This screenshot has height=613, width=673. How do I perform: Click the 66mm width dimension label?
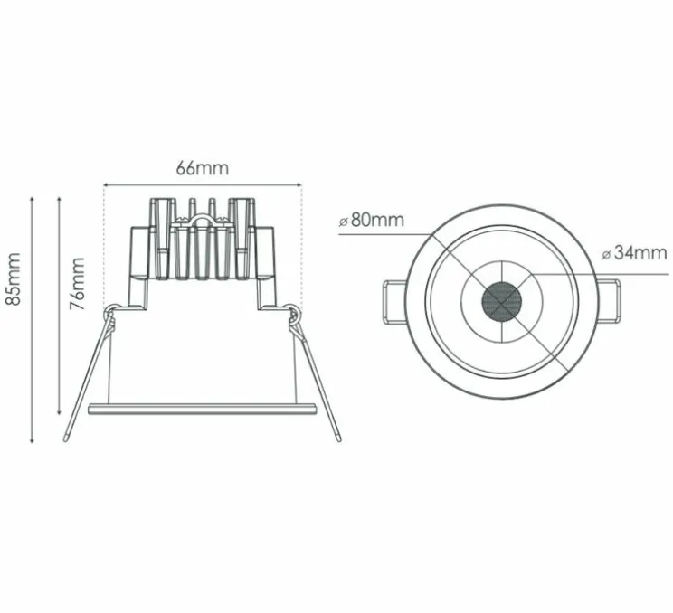point(203,168)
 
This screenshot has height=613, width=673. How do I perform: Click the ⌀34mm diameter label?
point(635,253)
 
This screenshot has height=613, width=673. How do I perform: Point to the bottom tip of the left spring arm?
point(67,439)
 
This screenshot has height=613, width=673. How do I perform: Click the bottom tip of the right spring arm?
point(338,439)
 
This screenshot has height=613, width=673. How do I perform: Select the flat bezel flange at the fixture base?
point(202,409)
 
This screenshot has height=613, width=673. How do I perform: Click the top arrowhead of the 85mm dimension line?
point(33,194)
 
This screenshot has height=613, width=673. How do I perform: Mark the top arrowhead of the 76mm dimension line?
point(59,196)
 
